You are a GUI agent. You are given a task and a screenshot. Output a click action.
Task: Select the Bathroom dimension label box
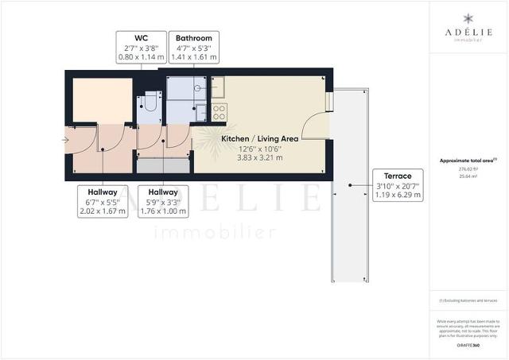click(x=194, y=47)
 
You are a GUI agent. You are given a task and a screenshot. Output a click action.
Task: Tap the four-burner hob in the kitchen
click(x=219, y=109)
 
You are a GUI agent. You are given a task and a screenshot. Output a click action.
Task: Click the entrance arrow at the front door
click(x=64, y=140)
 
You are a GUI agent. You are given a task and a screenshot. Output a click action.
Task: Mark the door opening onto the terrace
click(x=319, y=127)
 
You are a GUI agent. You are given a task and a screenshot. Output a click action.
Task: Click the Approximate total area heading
click(x=468, y=161)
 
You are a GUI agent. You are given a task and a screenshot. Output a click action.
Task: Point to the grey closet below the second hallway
click(x=163, y=165)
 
